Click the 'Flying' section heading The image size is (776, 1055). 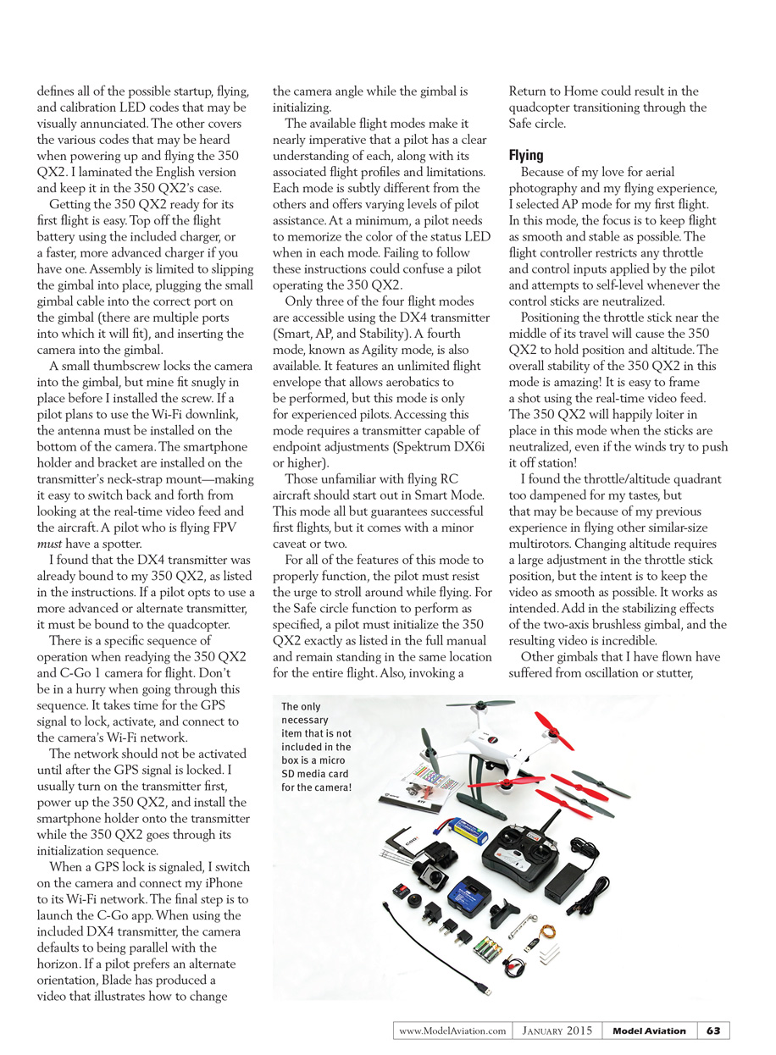click(x=526, y=156)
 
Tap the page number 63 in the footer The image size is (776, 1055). click(x=713, y=1030)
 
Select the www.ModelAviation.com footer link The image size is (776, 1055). click(x=452, y=1030)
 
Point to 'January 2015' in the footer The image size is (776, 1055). click(x=557, y=1030)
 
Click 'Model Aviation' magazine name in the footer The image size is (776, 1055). click(x=649, y=1030)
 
